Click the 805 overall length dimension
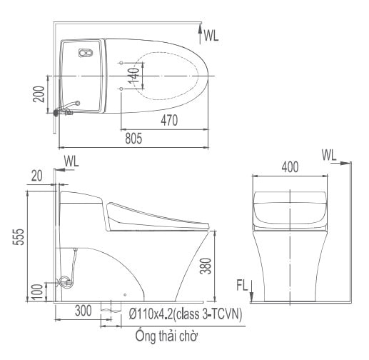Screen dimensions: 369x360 pyautogui.click(x=133, y=139)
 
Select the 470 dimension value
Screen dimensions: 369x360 pyautogui.click(x=169, y=120)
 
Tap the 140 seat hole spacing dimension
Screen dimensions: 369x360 pyautogui.click(x=133, y=76)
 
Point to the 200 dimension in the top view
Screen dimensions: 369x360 pyautogui.click(x=39, y=94)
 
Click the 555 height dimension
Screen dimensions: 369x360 pyautogui.click(x=19, y=237)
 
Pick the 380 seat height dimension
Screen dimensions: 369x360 pyautogui.click(x=206, y=266)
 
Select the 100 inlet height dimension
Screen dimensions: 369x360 pyautogui.click(x=38, y=291)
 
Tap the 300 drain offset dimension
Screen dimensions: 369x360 pyautogui.click(x=83, y=311)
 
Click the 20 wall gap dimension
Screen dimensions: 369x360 pyautogui.click(x=37, y=176)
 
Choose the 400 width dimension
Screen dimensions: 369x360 pyautogui.click(x=290, y=167)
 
